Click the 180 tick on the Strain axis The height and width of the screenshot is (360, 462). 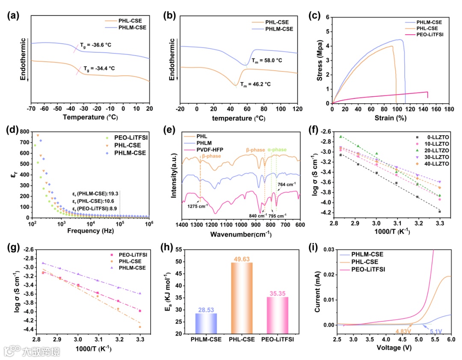click(448, 109)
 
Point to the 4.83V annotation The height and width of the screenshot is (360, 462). click(404, 331)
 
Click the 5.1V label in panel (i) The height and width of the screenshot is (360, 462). click(434, 331)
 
